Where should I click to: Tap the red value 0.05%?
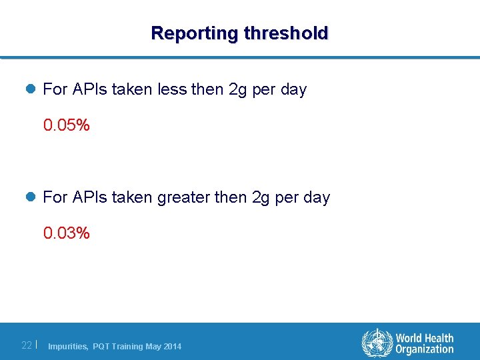pos(66,125)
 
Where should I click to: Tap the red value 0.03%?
pos(66,233)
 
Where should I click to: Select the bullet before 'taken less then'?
pos(32,89)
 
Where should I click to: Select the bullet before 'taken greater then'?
pos(32,197)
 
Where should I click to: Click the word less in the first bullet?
pos(171,89)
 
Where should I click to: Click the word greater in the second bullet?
pos(183,197)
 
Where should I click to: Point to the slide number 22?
pos(27,345)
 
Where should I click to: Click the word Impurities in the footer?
pos(68,346)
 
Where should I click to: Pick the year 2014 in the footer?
pos(172,346)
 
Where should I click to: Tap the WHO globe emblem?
pos(377,343)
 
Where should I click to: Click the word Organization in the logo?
pos(424,350)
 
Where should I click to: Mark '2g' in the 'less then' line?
pos(238,89)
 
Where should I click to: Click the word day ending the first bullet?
pos(293,89)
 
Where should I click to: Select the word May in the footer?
pos(153,346)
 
